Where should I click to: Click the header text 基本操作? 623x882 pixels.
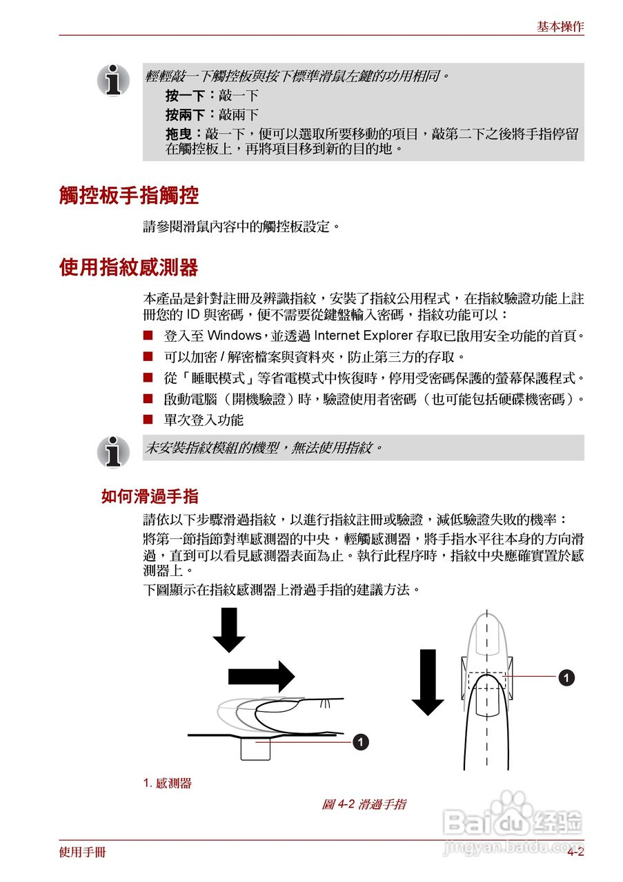tap(560, 27)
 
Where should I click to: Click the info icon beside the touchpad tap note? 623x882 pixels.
tap(113, 81)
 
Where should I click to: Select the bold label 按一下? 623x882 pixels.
tap(184, 96)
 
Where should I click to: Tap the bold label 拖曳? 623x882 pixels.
tap(179, 134)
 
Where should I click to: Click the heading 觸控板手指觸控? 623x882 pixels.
tap(129, 196)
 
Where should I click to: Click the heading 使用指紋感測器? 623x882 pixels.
tap(129, 267)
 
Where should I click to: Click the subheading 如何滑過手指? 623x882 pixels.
tap(150, 496)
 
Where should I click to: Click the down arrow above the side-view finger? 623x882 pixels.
tap(228, 629)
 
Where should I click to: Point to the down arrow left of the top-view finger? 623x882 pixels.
tap(428, 681)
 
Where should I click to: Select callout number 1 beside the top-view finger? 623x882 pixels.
tap(566, 677)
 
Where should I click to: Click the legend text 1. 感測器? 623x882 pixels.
tap(167, 783)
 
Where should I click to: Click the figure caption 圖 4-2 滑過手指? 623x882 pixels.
tap(364, 803)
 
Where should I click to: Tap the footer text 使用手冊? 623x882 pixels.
tap(83, 852)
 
